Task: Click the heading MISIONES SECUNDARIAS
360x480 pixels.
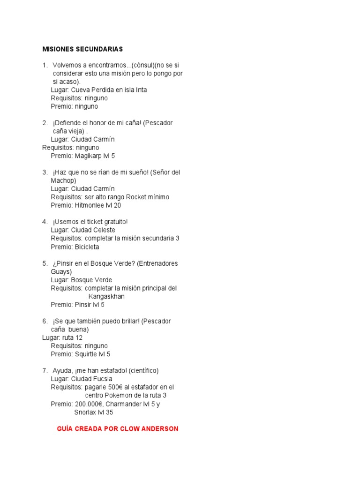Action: point(82,49)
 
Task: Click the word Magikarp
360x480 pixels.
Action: point(89,156)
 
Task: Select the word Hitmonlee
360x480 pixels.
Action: point(90,205)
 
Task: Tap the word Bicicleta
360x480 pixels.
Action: point(87,247)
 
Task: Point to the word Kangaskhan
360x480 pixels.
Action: point(106,296)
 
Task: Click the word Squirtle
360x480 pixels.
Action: point(86,354)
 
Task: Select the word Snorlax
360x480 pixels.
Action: point(85,412)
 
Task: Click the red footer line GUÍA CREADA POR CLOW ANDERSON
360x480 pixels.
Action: point(117,429)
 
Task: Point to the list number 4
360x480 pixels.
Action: point(45,222)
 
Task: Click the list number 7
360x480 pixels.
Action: point(45,371)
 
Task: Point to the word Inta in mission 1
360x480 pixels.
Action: point(141,90)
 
